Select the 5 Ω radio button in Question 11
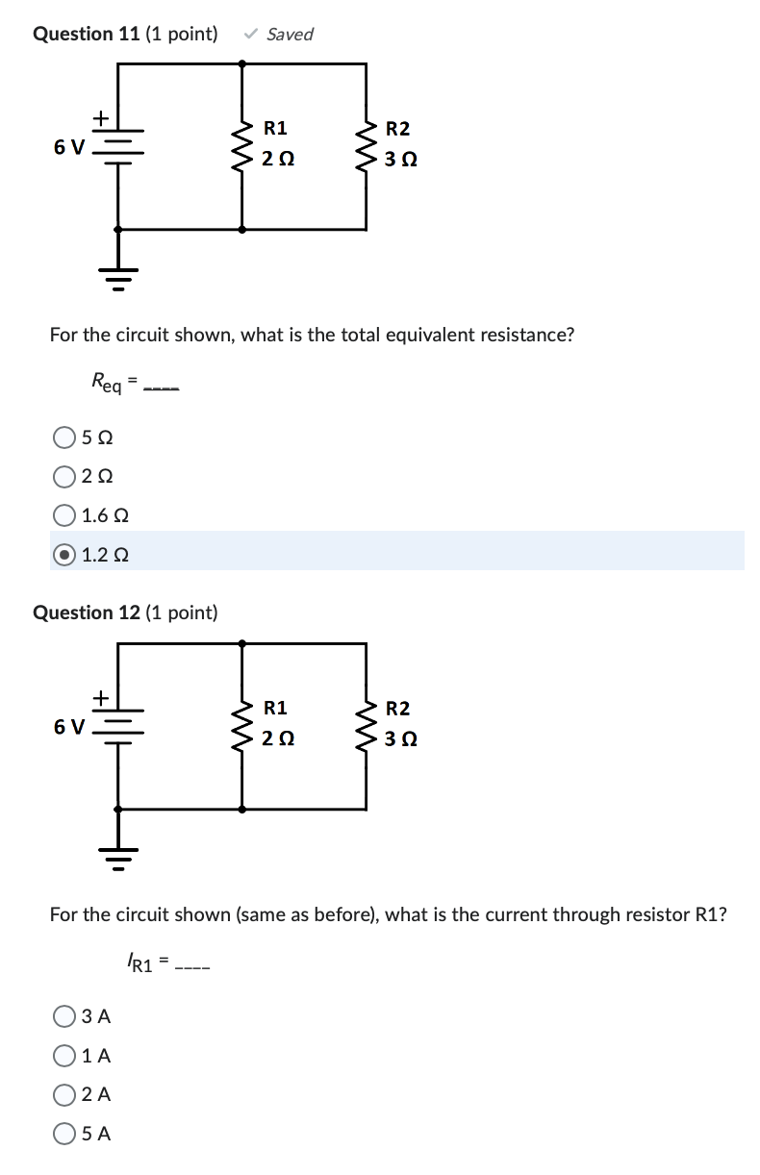pos(64,437)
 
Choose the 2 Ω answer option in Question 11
pos(64,477)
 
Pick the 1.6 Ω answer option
pos(64,515)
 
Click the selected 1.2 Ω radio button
pos(64,555)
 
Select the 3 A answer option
pos(64,1016)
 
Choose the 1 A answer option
pos(64,1056)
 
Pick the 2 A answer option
pos(64,1094)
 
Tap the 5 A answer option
pos(64,1134)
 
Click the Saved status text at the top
pos(289,35)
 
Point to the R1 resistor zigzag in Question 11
pos(241,144)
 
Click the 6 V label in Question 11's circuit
pos(68,147)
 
